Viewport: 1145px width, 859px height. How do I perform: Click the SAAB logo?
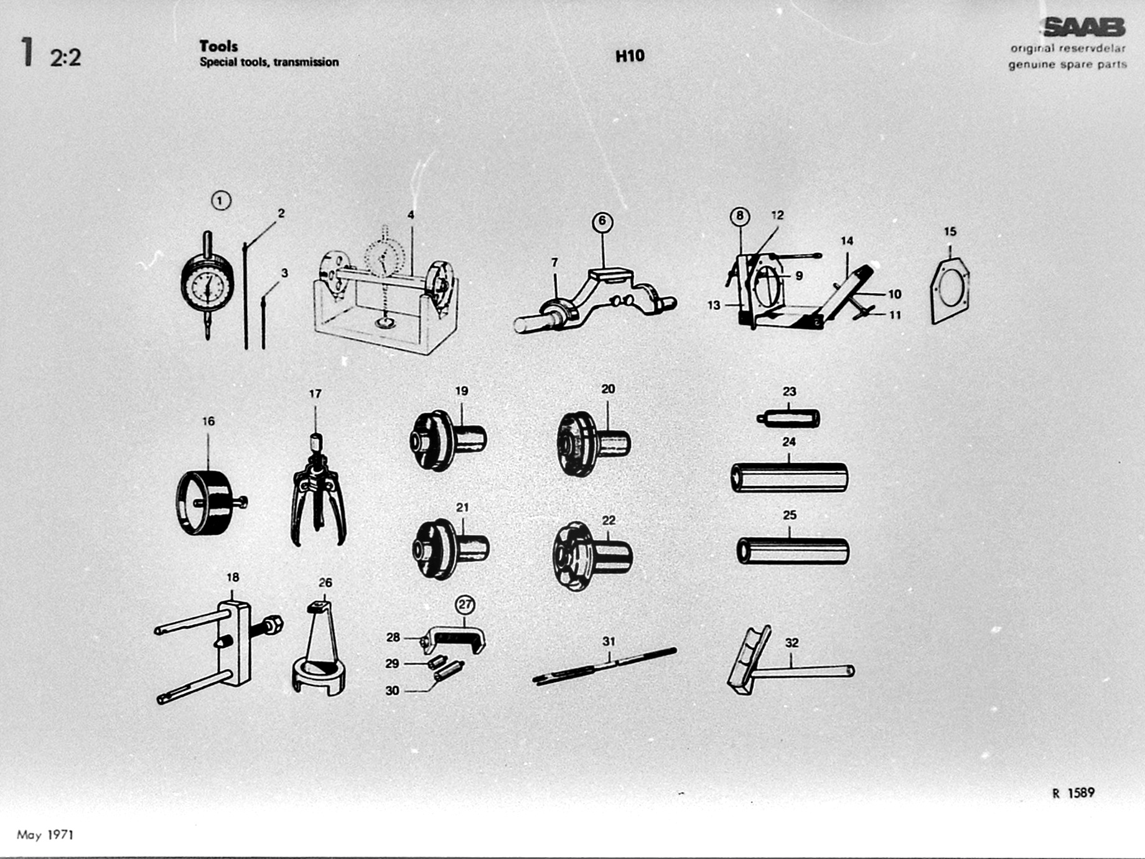click(1085, 27)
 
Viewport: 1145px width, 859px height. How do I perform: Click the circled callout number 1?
click(221, 200)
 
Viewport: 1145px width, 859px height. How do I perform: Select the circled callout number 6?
click(602, 222)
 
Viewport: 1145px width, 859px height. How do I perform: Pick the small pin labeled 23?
click(788, 418)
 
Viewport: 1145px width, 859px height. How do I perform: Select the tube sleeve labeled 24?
click(789, 478)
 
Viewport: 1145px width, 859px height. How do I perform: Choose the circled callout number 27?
click(465, 604)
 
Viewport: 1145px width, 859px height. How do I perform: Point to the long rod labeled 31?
click(604, 667)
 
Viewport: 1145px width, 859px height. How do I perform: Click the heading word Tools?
click(218, 46)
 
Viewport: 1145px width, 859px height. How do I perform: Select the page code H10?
click(630, 56)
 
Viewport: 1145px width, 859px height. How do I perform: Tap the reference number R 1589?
click(1073, 793)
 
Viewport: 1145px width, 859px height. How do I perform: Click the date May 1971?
click(45, 835)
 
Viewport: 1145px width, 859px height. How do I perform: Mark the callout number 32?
click(792, 643)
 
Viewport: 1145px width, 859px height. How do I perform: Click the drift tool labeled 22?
click(591, 556)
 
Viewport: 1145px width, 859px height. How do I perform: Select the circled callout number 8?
click(739, 216)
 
